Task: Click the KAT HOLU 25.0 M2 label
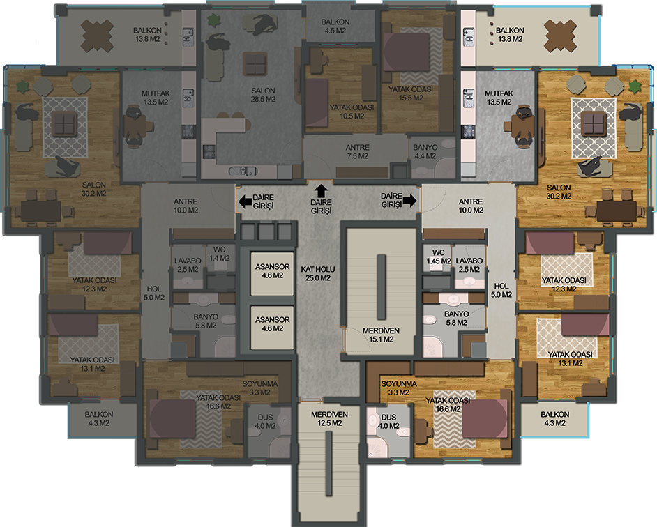pyautogui.click(x=317, y=273)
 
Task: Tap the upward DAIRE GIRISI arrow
pyautogui.click(x=322, y=190)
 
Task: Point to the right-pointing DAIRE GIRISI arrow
pyautogui.click(x=411, y=200)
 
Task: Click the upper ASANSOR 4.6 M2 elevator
pyautogui.click(x=272, y=273)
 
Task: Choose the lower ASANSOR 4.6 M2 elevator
pyautogui.click(x=272, y=327)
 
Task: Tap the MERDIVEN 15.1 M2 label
pyautogui.click(x=381, y=335)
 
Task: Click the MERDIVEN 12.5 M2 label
pyautogui.click(x=329, y=419)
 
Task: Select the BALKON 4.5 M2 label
pyautogui.click(x=335, y=26)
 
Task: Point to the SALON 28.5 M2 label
pyautogui.click(x=263, y=95)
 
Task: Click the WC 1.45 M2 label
pyautogui.click(x=438, y=257)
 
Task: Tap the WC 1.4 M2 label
pyautogui.click(x=219, y=254)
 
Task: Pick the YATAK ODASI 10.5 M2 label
pyautogui.click(x=352, y=112)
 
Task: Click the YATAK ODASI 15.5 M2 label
pyautogui.click(x=411, y=93)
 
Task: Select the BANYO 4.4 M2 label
pyautogui.click(x=425, y=152)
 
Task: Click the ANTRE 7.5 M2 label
pyautogui.click(x=357, y=152)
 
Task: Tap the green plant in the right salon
pyautogui.click(x=635, y=86)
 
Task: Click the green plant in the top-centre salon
pyautogui.click(x=215, y=20)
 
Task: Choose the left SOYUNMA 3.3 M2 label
pyautogui.click(x=259, y=388)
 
